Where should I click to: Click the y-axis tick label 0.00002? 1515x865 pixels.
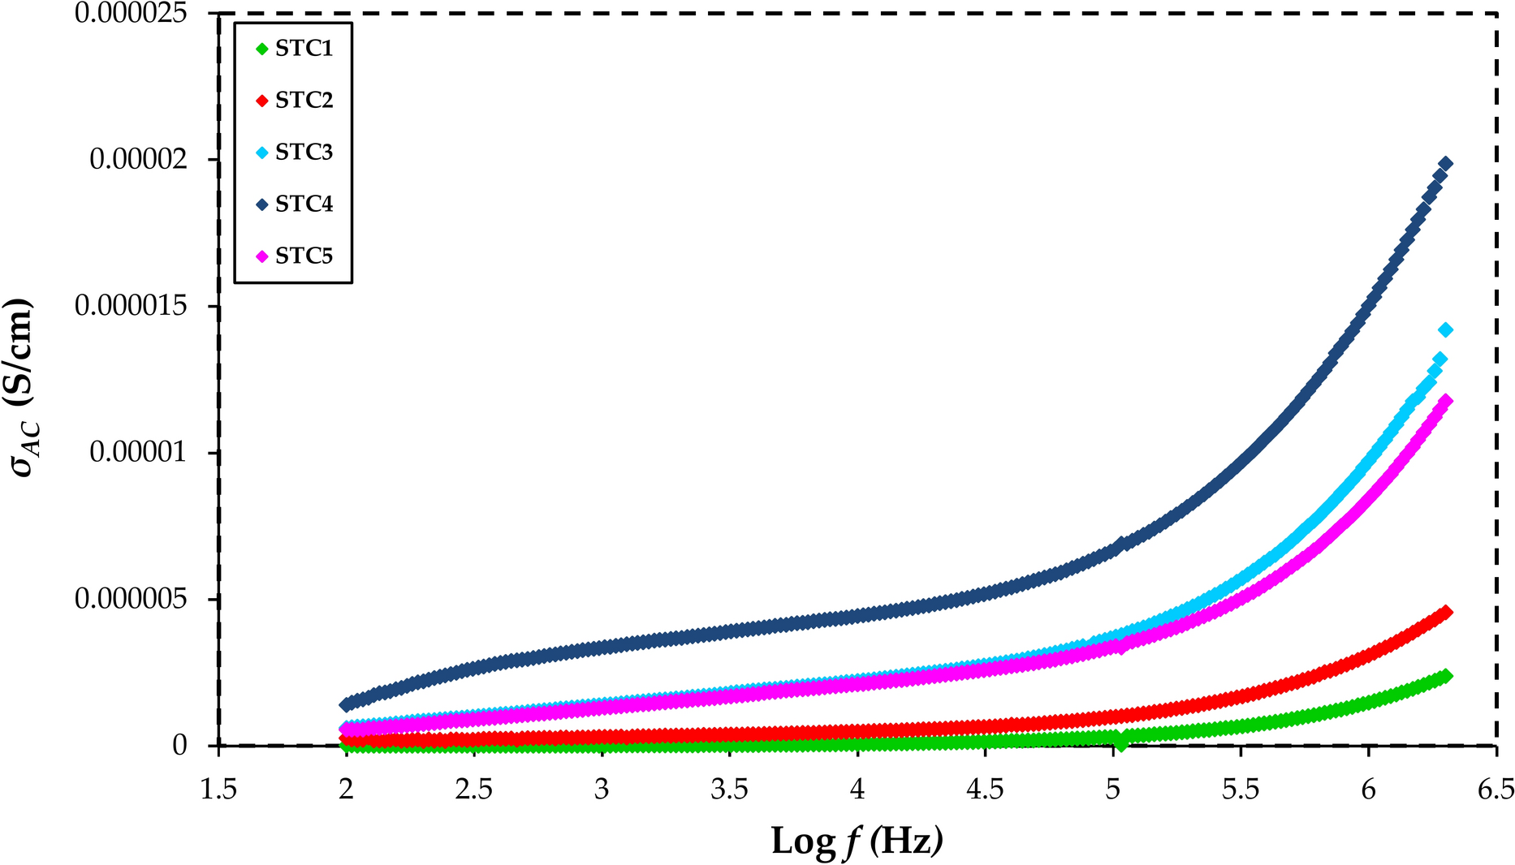coord(138,160)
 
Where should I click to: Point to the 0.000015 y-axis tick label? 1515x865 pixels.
coord(131,306)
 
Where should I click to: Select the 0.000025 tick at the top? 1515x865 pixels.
coord(131,13)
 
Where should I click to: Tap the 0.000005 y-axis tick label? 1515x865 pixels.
coord(131,599)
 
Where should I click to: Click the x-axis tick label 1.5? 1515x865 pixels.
coord(218,789)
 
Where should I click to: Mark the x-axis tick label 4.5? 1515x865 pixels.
coord(985,789)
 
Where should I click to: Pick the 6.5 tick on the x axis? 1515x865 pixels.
coord(1496,789)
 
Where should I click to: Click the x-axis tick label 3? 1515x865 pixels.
coord(602,789)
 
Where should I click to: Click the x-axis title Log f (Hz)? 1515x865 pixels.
coord(857,841)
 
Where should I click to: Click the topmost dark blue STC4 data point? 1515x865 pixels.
coord(1445,164)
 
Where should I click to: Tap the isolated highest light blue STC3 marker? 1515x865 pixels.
coord(1445,330)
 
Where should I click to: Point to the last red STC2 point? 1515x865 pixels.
coord(1445,613)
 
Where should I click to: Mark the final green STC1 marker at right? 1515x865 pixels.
coord(1445,676)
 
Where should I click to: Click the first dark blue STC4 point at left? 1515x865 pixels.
coord(347,704)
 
